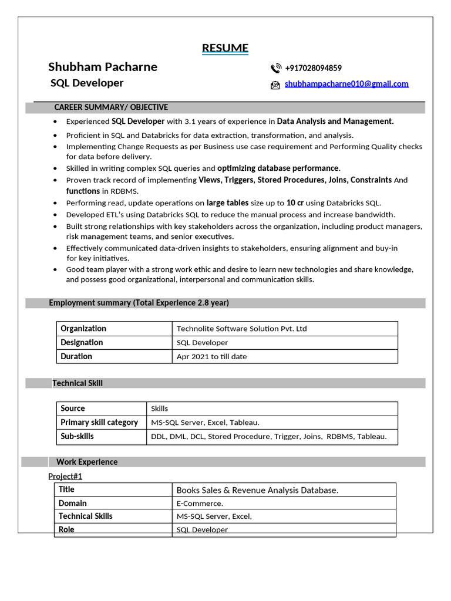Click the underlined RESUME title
(225, 48)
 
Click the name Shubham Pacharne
(103, 67)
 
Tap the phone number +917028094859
(313, 68)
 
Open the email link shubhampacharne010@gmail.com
(346, 84)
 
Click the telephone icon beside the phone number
(275, 69)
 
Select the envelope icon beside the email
(275, 85)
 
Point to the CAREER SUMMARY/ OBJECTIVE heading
(111, 107)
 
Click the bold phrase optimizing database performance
(278, 168)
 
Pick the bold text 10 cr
(295, 203)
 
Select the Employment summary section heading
(139, 303)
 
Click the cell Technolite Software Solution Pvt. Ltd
(241, 329)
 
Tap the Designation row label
(82, 343)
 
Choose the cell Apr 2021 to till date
(211, 357)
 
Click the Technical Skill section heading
(78, 383)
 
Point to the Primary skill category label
(99, 423)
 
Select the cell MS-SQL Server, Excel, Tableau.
(205, 423)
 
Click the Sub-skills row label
(77, 437)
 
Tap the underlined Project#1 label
(65, 476)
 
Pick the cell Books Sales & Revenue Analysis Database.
(257, 490)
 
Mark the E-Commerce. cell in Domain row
(200, 504)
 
